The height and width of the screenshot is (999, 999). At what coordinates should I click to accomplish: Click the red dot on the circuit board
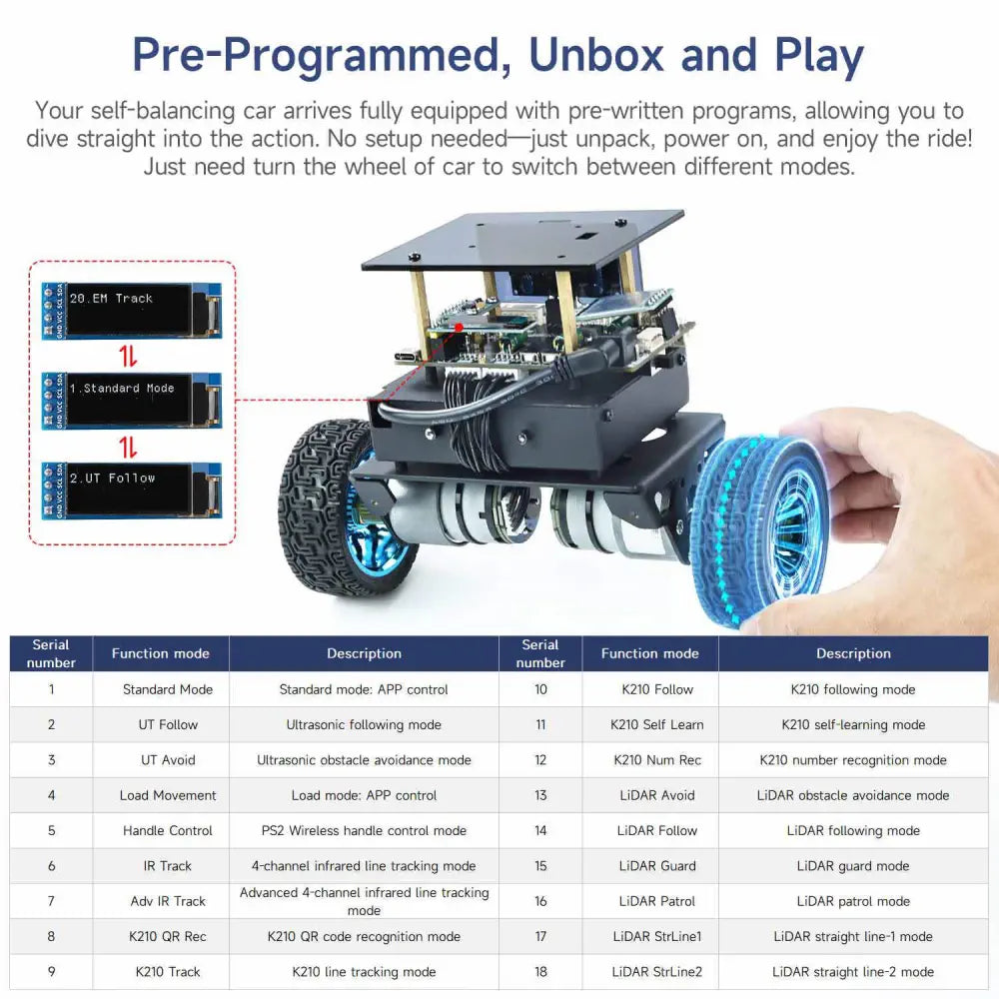pos(459,327)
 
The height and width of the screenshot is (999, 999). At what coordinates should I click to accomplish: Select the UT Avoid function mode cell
pos(168,760)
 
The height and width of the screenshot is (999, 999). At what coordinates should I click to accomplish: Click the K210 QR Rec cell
pos(168,937)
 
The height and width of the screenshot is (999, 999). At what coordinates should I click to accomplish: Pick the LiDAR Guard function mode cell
pos(656,866)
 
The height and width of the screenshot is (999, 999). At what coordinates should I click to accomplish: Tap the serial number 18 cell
pos(540,972)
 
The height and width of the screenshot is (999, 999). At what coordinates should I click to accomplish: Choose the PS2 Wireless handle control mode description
pos(364,831)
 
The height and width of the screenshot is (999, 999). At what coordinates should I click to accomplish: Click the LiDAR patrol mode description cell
pos(853,901)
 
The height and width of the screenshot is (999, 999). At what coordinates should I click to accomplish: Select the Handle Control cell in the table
pos(168,831)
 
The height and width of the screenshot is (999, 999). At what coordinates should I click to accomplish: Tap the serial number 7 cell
pos(51,901)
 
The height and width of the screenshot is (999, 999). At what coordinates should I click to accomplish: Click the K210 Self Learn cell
pos(656,725)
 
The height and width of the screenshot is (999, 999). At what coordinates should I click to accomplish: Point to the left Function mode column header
pos(161,654)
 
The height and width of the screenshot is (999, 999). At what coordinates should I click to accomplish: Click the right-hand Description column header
pos(853,654)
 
